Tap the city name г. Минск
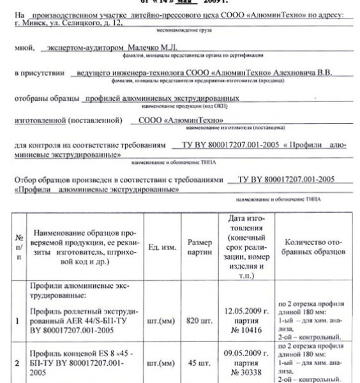coord(28,24)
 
